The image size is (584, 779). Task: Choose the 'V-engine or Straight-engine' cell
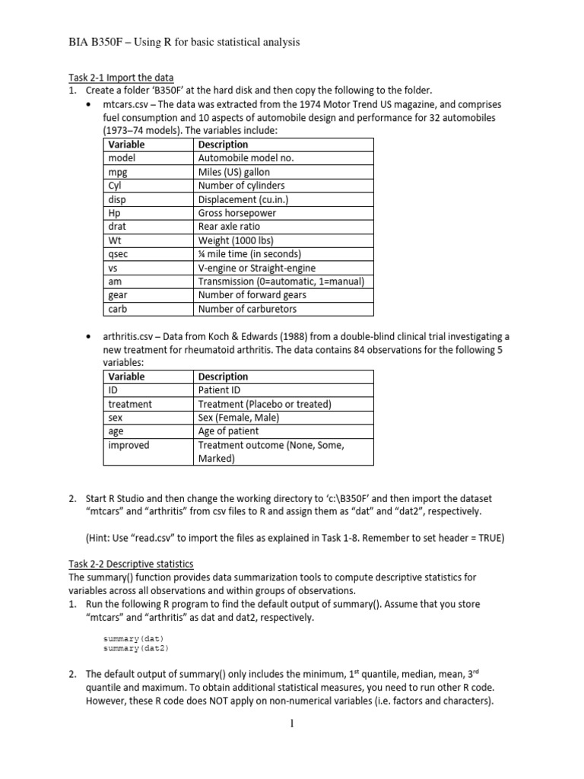[256, 268]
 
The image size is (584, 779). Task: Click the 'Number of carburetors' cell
[247, 309]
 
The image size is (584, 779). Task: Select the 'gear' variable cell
[118, 295]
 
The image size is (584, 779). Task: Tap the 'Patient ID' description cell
[222, 390]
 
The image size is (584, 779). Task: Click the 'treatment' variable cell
[129, 404]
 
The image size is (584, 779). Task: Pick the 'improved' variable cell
[129, 445]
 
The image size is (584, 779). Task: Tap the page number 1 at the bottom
[291, 723]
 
